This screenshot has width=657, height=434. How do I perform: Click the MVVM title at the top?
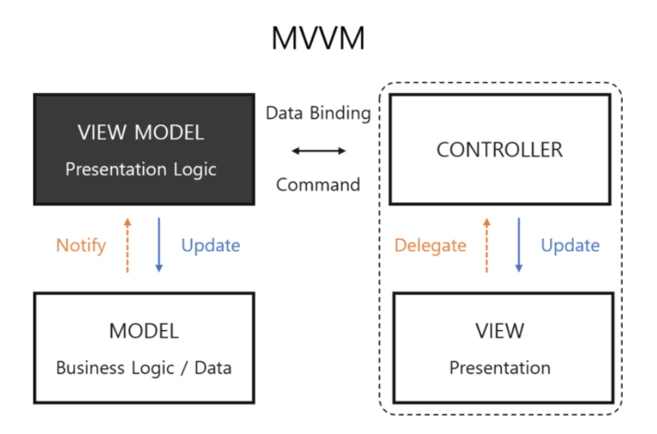click(318, 39)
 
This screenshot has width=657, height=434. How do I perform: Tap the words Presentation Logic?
click(141, 169)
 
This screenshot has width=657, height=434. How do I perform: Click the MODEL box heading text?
click(144, 331)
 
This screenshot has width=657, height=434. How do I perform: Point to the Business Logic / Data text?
click(144, 368)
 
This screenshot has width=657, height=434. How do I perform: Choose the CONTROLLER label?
click(499, 149)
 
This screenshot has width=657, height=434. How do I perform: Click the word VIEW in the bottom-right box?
click(499, 331)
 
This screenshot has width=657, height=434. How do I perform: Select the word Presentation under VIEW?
click(499, 368)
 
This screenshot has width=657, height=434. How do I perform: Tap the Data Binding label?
click(318, 113)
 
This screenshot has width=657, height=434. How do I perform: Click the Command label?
click(318, 185)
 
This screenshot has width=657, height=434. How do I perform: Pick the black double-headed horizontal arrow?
click(318, 151)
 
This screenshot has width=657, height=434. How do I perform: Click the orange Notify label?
click(81, 245)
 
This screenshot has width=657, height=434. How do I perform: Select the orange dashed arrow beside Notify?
click(127, 245)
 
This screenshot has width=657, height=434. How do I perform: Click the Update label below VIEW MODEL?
click(210, 245)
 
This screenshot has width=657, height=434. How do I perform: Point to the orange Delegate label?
click(430, 245)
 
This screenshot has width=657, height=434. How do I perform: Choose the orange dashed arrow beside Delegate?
click(487, 245)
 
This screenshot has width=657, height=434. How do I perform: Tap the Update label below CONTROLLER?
click(570, 245)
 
